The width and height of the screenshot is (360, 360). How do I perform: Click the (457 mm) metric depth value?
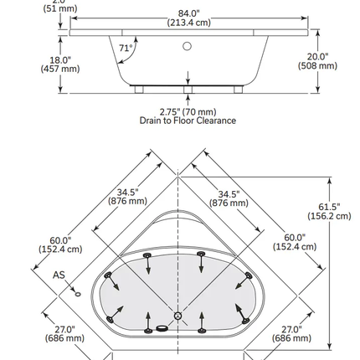coord(59,69)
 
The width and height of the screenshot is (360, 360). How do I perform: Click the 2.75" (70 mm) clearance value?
coord(187,111)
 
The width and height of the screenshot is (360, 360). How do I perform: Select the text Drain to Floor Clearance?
coord(187,121)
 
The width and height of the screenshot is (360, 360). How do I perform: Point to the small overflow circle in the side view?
coord(188,47)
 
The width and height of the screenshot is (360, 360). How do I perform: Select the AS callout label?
coord(59,275)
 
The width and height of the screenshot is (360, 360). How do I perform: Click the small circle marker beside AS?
coord(76,294)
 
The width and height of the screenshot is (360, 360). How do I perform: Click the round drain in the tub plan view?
coord(177,316)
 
